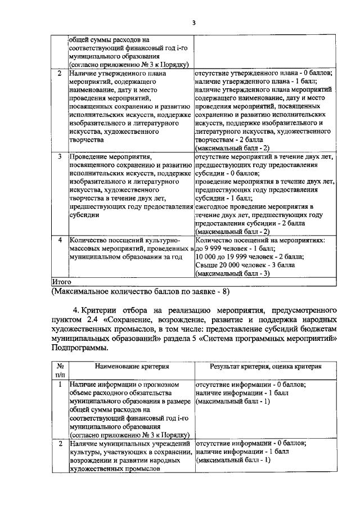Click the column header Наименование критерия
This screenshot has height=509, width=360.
coord(132,366)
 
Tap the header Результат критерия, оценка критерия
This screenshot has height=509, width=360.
coord(265,366)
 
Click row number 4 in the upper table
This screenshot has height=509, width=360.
coord(60,240)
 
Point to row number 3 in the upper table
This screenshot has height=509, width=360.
coord(60,155)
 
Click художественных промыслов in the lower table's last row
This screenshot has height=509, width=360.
coord(112,469)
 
